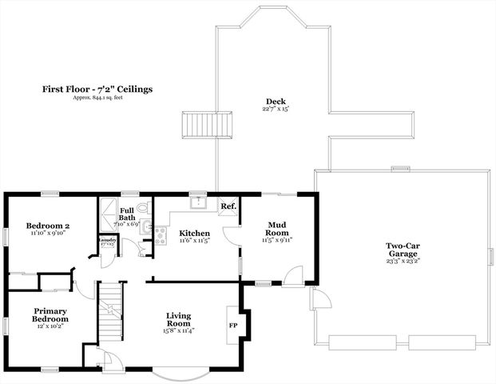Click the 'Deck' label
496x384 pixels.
[276, 102]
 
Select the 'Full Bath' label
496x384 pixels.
[127, 213]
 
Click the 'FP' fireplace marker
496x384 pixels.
[233, 326]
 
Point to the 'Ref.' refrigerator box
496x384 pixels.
[228, 206]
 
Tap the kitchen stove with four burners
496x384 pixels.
[160, 234]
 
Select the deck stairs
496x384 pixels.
[208, 126]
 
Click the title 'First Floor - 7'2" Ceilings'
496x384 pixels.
[97, 90]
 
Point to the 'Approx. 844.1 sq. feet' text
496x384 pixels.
[97, 98]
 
